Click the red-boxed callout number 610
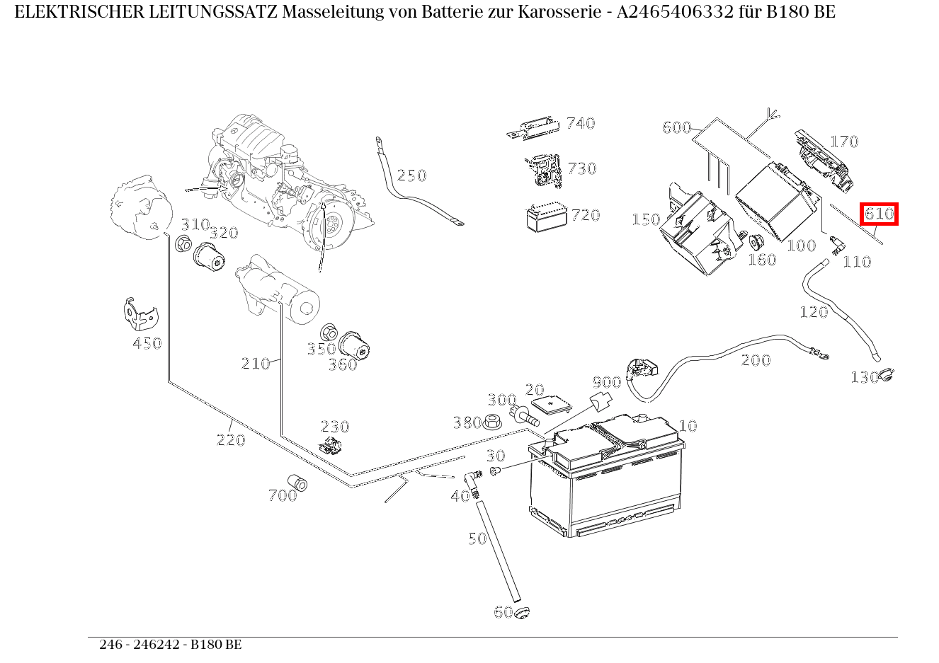(879, 214)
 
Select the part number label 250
(411, 175)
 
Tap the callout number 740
(580, 123)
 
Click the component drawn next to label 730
(542, 170)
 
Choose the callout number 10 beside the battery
(688, 426)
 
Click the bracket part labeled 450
(138, 313)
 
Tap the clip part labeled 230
(329, 446)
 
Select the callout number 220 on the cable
(231, 440)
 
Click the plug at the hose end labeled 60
(522, 612)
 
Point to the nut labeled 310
(182, 245)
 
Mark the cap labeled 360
(354, 345)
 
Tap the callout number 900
(606, 383)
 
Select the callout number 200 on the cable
(756, 360)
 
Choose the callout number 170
(843, 142)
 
